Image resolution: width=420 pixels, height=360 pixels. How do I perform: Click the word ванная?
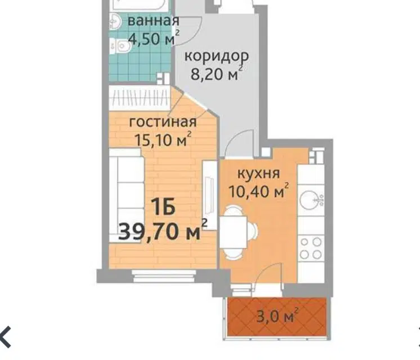[x=153, y=21]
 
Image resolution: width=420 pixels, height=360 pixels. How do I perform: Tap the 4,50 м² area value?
[x=154, y=38]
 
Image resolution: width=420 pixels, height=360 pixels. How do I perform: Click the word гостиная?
[x=163, y=122]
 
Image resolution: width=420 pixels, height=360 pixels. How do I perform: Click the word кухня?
[x=259, y=174]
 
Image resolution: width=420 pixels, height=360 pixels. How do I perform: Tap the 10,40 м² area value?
[x=259, y=190]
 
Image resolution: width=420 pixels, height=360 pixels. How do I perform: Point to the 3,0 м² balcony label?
[x=277, y=316]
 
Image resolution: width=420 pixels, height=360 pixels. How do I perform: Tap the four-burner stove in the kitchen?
[x=311, y=248]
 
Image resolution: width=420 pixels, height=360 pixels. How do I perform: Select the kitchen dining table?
[x=233, y=232]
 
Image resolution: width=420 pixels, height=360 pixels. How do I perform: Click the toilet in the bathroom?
[x=120, y=46]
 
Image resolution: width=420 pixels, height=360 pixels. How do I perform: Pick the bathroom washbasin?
[x=116, y=21]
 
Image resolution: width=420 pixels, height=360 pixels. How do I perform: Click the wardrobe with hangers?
[x=140, y=97]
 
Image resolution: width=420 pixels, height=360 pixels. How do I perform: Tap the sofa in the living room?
[x=127, y=196]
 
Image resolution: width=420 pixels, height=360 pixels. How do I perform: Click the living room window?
[x=164, y=276]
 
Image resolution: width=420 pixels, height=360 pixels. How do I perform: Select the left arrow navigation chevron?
[x=6, y=337]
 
